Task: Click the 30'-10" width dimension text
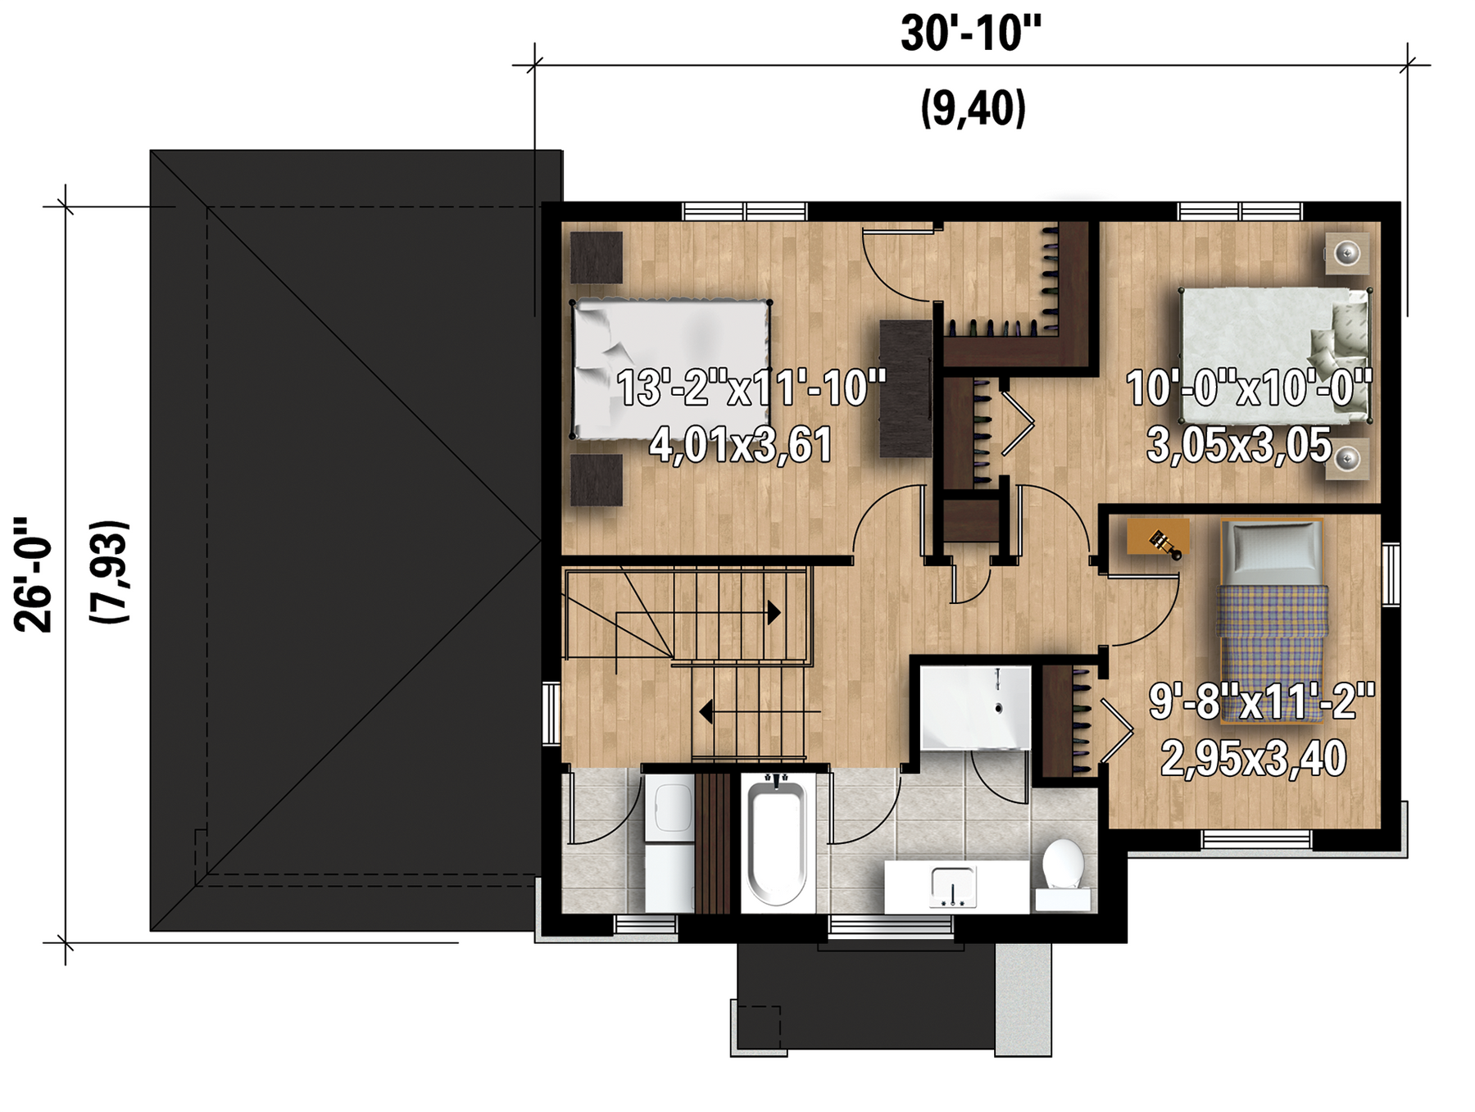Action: click(971, 34)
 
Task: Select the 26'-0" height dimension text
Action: click(34, 574)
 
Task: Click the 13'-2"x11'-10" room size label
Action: click(751, 388)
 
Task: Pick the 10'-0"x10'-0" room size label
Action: click(1249, 388)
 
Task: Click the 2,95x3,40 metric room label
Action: click(1254, 758)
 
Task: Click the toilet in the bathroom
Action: click(1063, 874)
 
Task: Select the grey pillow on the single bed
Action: click(1272, 548)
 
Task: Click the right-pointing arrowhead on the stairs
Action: click(774, 612)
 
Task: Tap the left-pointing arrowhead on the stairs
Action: click(706, 712)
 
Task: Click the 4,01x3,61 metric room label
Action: click(741, 445)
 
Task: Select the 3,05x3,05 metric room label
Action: click(1239, 445)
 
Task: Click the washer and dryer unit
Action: click(669, 844)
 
